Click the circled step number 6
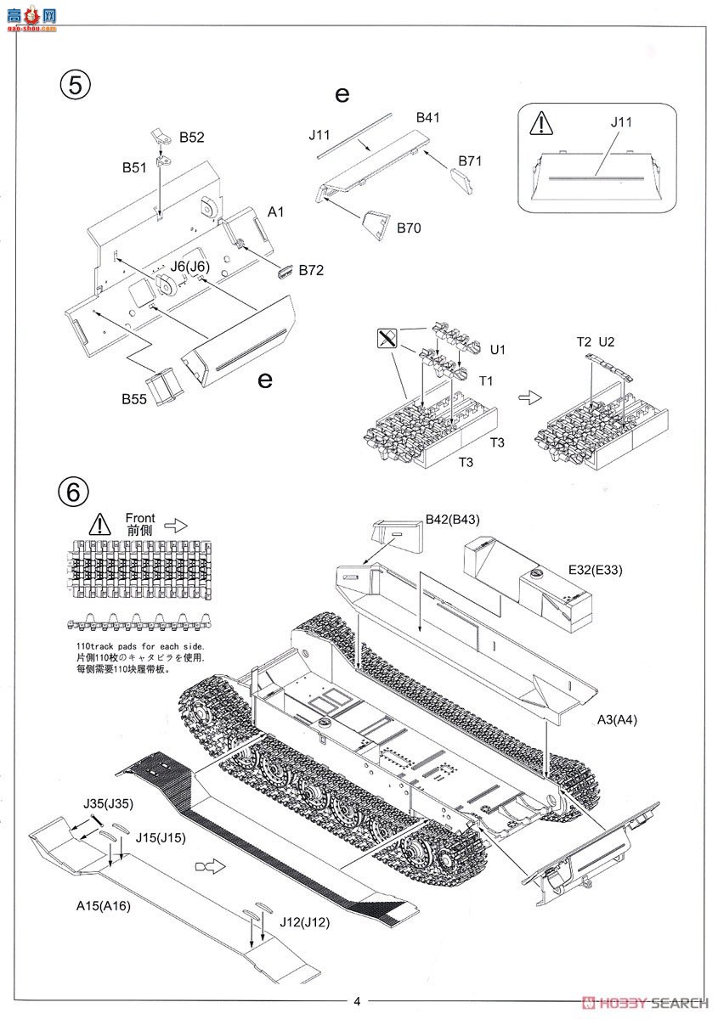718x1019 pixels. coord(74,490)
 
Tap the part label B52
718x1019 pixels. coord(192,137)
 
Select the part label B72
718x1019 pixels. coord(310,270)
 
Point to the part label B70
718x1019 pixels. coord(407,228)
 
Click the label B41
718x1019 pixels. coord(427,118)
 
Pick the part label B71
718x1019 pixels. coord(470,160)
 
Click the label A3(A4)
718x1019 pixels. coord(617,720)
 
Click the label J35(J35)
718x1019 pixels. coord(108,803)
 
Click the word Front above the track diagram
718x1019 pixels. coord(140,517)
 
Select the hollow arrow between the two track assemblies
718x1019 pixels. coord(528,397)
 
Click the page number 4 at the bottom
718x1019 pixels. coord(358,1000)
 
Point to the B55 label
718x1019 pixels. coord(135,397)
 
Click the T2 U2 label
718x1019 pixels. coord(595,341)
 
